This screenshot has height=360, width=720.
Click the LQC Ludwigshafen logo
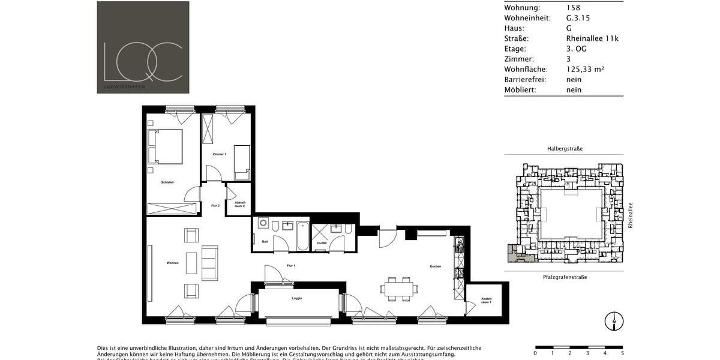(143, 47)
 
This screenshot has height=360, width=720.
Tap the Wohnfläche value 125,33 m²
(584, 69)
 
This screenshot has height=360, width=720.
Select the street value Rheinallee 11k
(592, 38)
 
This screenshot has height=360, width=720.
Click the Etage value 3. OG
(576, 49)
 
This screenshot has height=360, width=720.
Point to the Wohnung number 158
(573, 8)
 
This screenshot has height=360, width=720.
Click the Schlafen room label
(167, 182)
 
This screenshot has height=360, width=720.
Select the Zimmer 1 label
(219, 154)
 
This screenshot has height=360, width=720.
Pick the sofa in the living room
(209, 263)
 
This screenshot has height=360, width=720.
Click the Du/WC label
(322, 243)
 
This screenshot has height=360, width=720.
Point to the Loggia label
(296, 298)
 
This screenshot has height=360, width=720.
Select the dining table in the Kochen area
(398, 288)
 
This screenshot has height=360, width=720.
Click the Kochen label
(436, 266)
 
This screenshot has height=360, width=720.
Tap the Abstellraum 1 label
(487, 300)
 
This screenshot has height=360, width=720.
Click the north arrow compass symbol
(614, 322)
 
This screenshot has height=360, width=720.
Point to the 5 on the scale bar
(622, 353)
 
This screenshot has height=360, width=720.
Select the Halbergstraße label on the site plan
(565, 148)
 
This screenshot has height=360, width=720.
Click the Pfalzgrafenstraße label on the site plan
(565, 277)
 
